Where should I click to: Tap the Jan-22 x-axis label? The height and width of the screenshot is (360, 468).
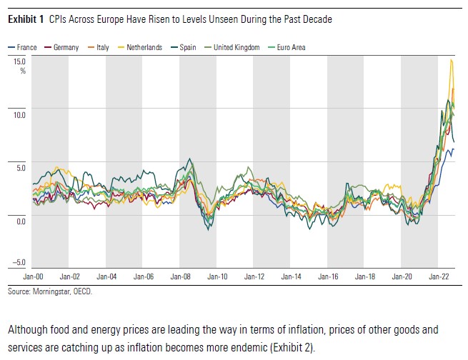coord(437,275)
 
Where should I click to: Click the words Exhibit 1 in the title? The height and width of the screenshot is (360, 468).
coord(26,19)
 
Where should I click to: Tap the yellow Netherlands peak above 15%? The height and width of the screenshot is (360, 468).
coord(451,61)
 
